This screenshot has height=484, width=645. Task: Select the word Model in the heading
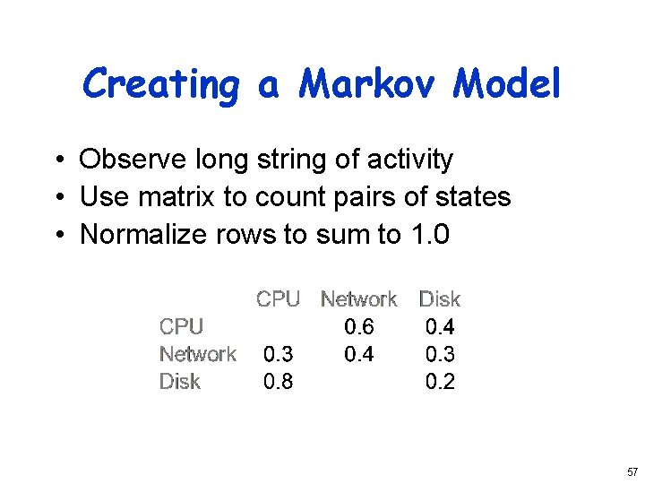coord(507,84)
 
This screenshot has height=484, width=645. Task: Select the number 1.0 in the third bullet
coord(429,234)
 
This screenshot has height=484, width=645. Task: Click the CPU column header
coord(278,299)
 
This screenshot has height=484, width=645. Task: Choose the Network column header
coord(358,299)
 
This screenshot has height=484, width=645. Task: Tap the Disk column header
coord(440,299)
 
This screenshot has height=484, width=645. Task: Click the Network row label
coord(197,354)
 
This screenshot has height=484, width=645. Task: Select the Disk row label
coord(179,382)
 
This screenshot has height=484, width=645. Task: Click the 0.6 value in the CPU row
coord(358,327)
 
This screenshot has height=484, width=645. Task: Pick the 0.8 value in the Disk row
coord(278,382)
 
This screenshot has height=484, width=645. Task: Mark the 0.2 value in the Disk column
coord(440,382)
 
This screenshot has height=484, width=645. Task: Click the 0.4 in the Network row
coord(358,354)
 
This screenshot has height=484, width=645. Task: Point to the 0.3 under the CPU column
coord(278,354)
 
